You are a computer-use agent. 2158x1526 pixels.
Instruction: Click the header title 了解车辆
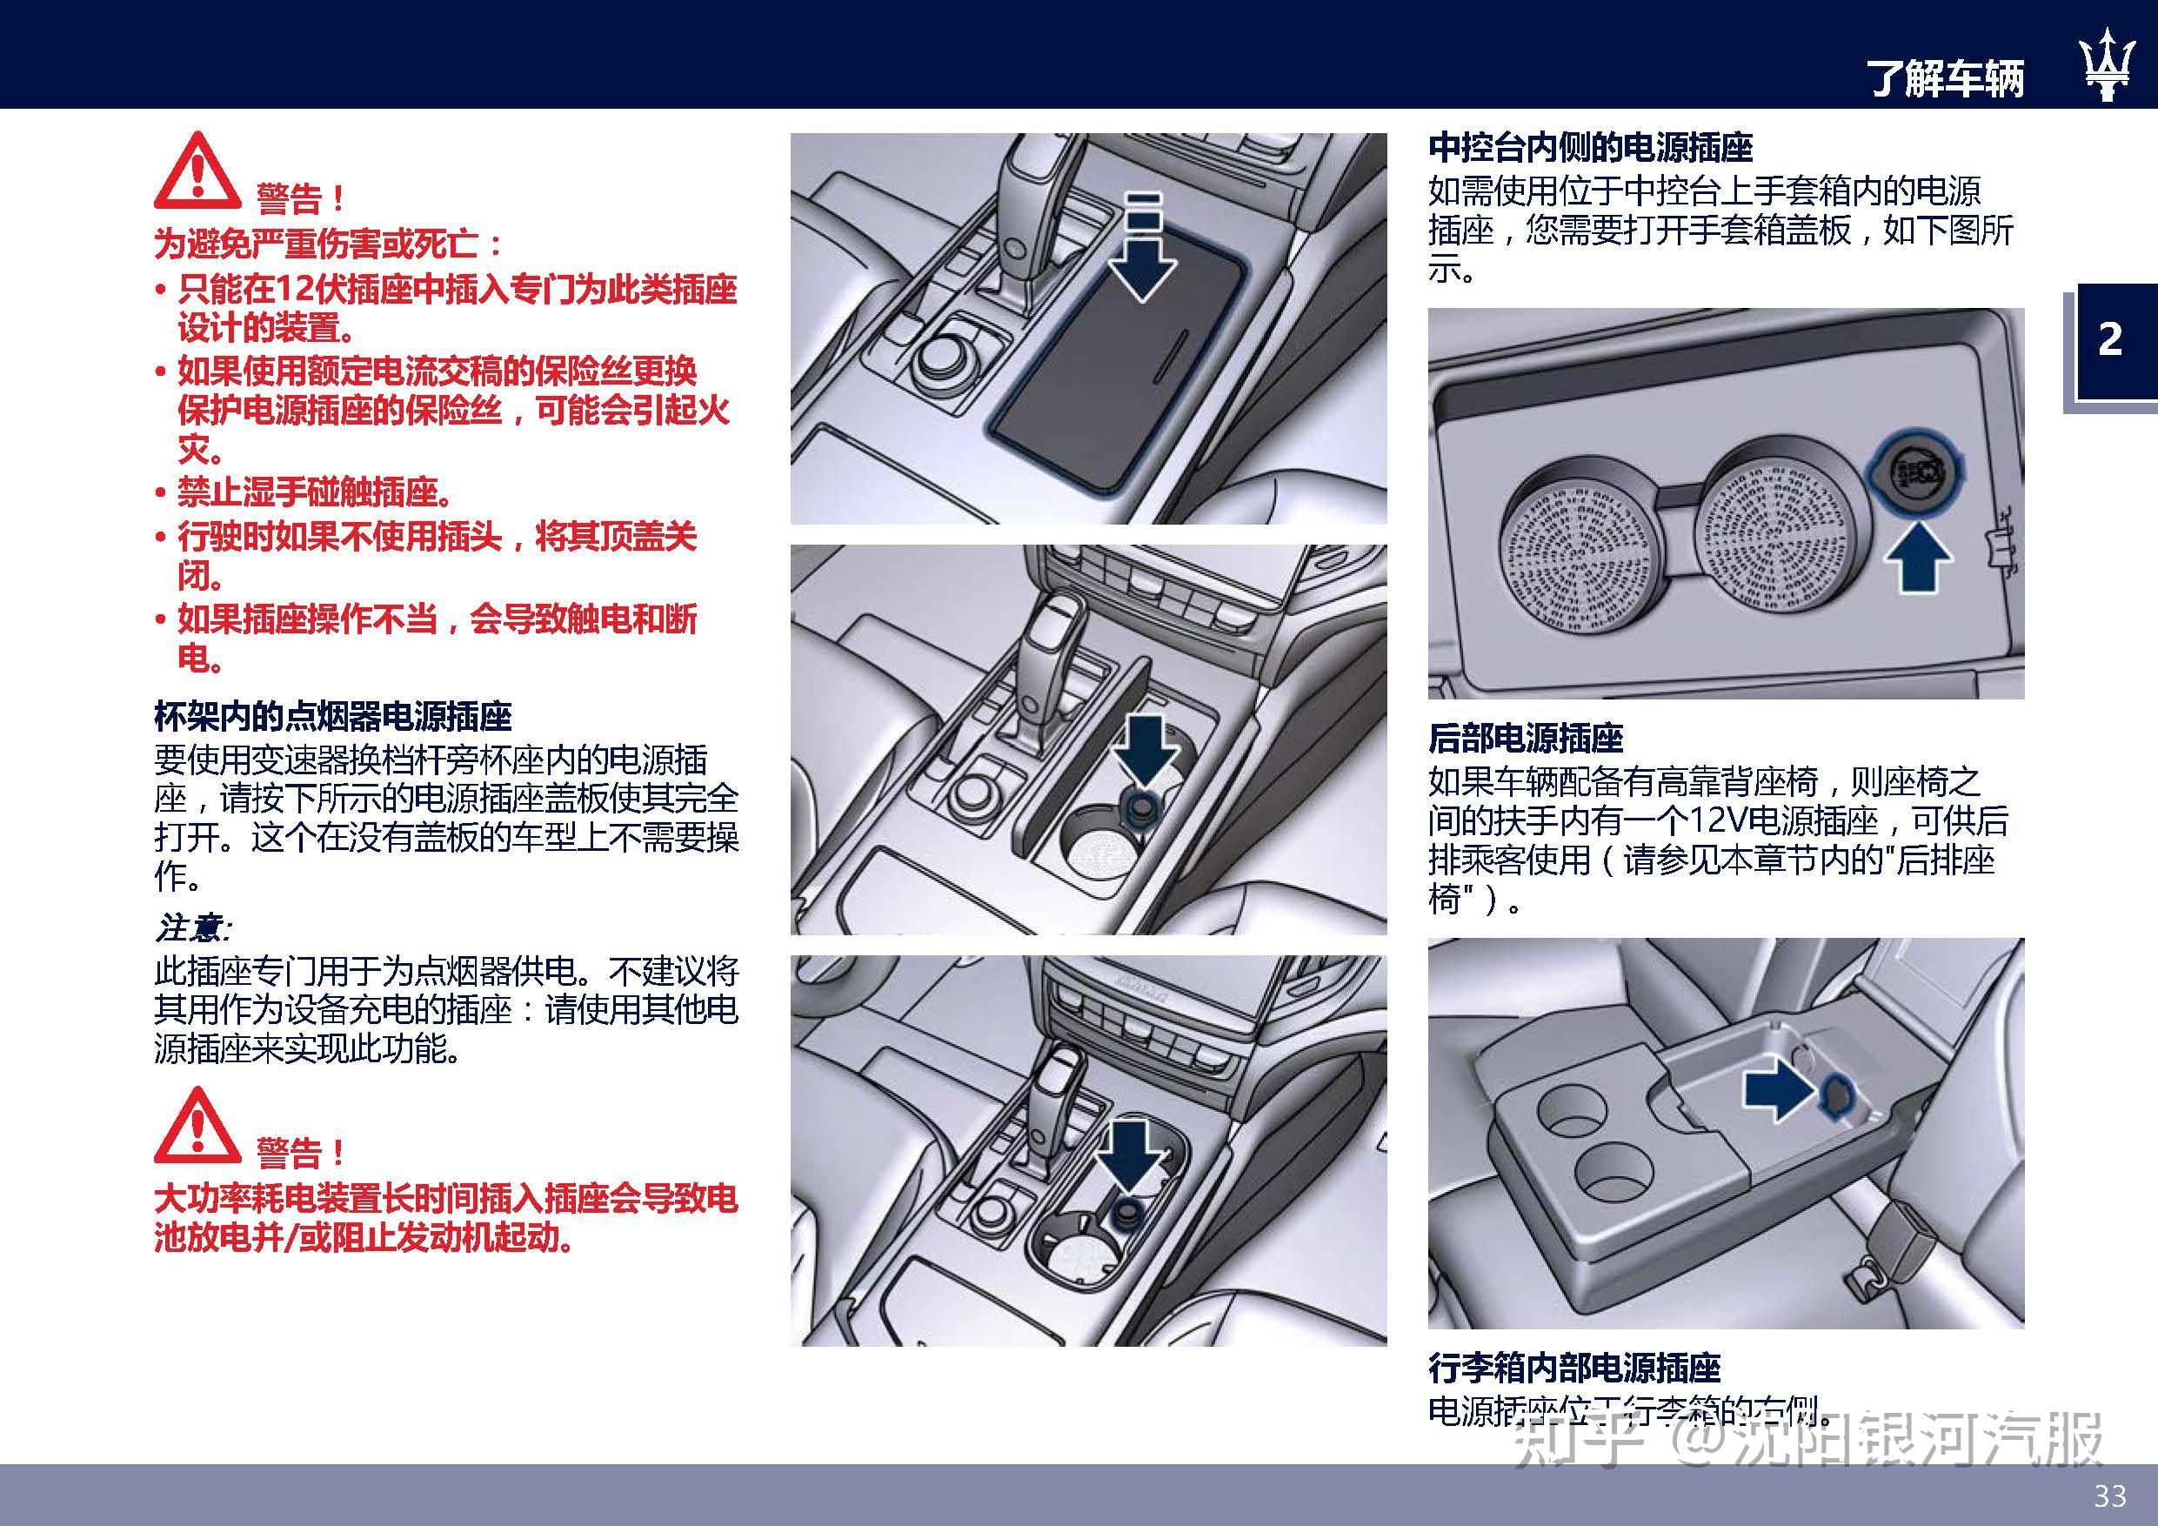[1947, 77]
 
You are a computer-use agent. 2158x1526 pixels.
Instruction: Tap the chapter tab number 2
[2110, 339]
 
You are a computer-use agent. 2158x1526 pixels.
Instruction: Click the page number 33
[2110, 1495]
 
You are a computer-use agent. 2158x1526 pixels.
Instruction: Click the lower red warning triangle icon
[197, 1128]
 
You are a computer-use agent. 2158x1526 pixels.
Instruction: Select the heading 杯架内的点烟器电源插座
[333, 718]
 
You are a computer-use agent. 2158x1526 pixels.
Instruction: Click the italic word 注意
[190, 929]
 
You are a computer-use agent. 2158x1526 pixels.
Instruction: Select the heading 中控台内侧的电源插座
[1590, 149]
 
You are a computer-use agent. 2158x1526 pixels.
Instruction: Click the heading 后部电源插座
[1526, 738]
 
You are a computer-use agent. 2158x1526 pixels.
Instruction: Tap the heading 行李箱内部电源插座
[1574, 1367]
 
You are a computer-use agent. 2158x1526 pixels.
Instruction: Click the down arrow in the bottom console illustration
[1132, 1155]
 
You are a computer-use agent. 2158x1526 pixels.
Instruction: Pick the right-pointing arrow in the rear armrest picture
[1777, 1091]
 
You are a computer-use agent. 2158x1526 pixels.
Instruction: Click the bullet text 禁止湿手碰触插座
[316, 492]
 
